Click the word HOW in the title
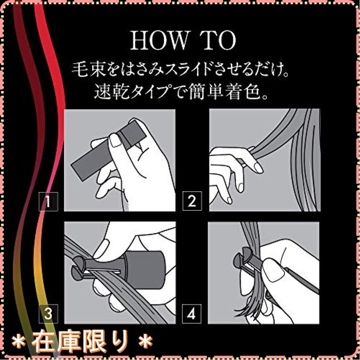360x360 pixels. pos(159,41)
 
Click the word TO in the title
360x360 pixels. pos(220,41)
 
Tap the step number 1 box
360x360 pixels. pos(48,201)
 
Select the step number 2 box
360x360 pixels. pos(192,201)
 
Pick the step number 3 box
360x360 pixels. pos(48,314)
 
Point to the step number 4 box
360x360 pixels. pos(192,314)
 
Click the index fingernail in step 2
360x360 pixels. pos(258,168)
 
